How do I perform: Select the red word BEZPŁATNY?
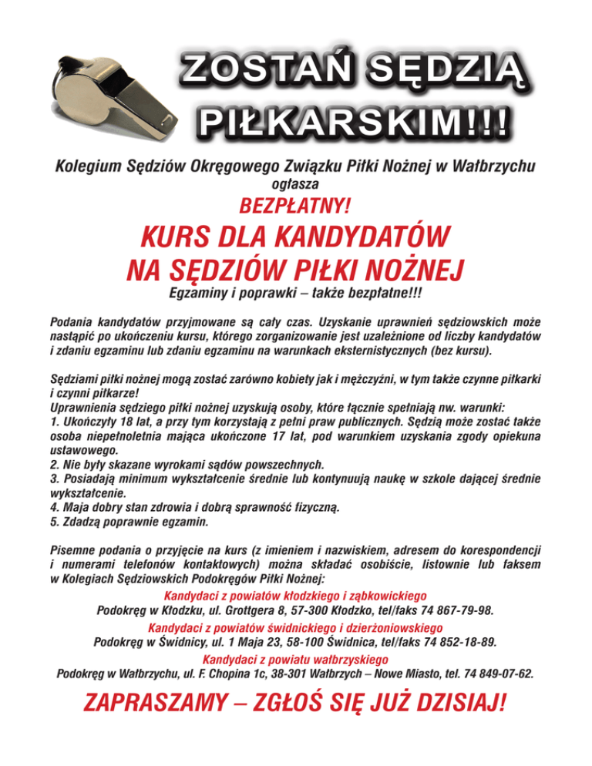tap(296, 207)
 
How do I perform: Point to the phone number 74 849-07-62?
tap(493, 672)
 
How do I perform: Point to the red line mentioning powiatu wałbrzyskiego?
tap(295, 659)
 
